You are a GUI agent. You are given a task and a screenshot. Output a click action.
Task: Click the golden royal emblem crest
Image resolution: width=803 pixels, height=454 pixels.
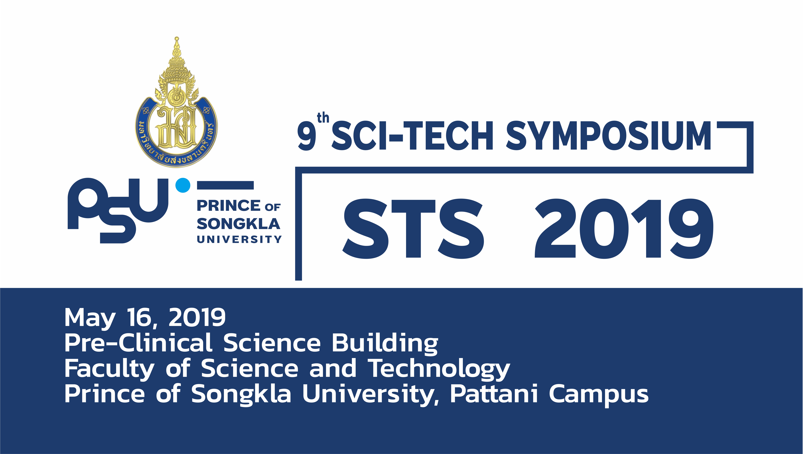(176, 103)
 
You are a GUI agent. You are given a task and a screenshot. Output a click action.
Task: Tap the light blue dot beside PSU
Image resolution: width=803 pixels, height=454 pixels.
(183, 185)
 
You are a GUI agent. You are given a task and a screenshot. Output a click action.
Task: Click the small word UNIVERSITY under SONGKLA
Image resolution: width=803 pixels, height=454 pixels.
(239, 239)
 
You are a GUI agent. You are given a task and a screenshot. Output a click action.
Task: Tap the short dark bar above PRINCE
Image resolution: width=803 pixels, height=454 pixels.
(225, 185)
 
